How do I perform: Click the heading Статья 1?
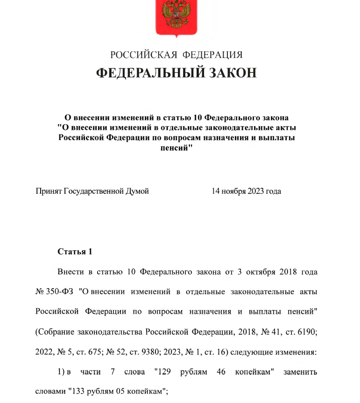point(75,252)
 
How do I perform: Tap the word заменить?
point(299,372)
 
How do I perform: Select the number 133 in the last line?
point(78,392)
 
